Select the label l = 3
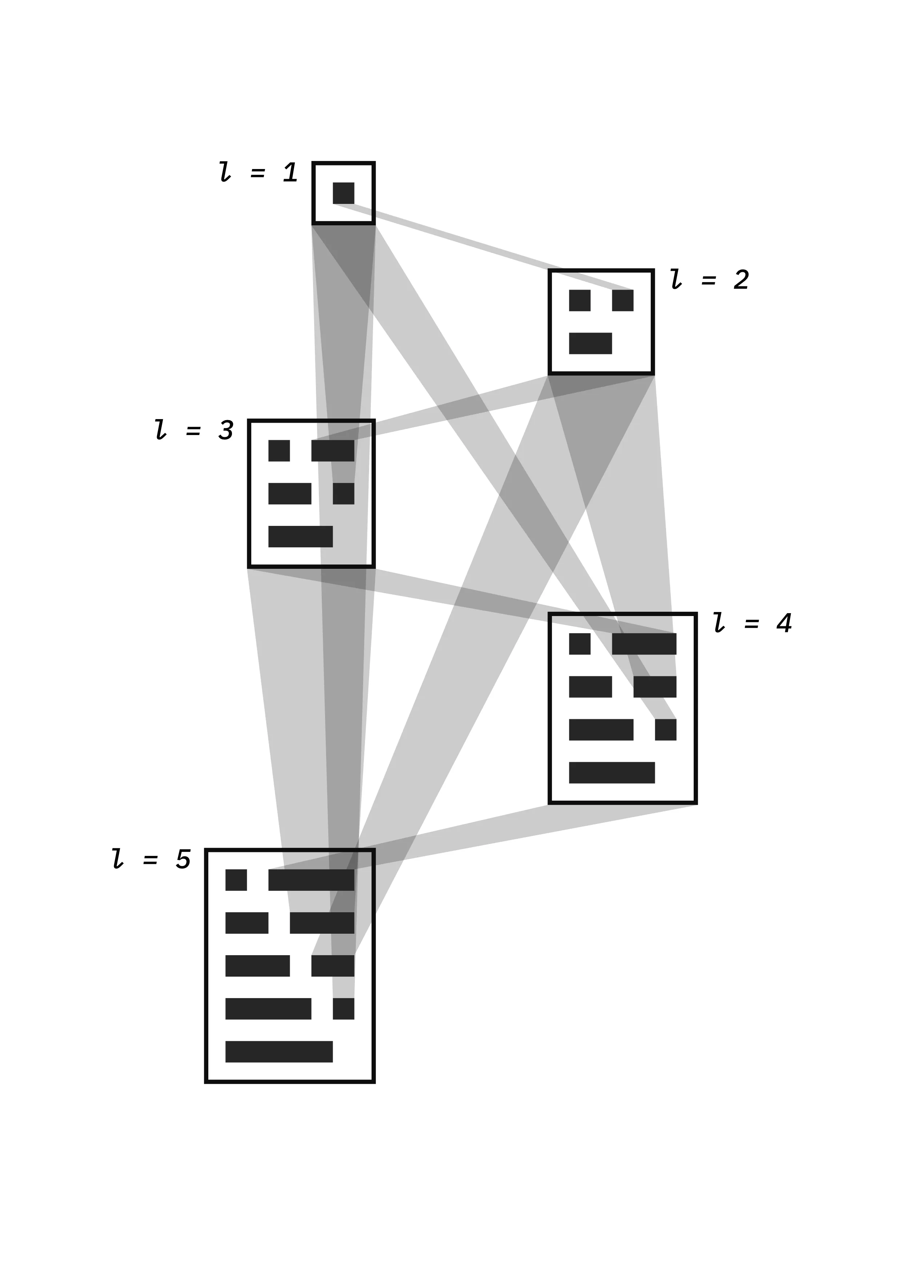[x=194, y=430]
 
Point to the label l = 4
[x=753, y=623]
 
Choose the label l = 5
[x=151, y=859]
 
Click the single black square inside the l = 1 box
[x=343, y=193]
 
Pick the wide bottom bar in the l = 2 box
[x=590, y=343]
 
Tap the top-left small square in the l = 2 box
[x=579, y=301]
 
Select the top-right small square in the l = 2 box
[x=623, y=301]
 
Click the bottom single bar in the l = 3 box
[x=300, y=536]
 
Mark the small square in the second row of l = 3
[x=343, y=494]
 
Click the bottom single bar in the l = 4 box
[x=612, y=772]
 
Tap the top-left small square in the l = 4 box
[x=579, y=644]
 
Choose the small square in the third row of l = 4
[x=665, y=730]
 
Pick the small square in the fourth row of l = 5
[x=343, y=1009]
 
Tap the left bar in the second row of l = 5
[x=246, y=923]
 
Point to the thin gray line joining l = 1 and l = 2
[x=483, y=248]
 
